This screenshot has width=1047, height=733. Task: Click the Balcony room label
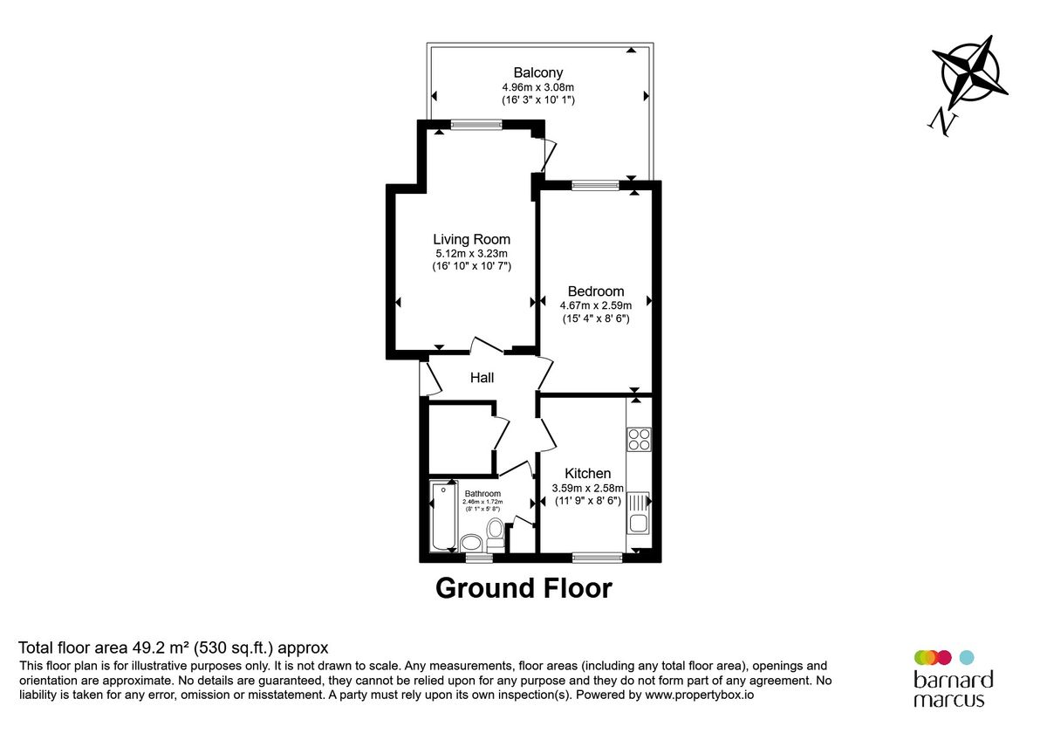(537, 72)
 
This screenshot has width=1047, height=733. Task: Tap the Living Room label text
(471, 239)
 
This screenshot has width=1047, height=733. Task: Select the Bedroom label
(595, 291)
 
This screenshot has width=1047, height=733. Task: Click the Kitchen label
(587, 473)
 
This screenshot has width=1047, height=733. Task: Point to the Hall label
(482, 378)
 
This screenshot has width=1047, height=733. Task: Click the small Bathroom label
(482, 494)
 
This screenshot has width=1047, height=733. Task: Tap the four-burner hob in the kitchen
(639, 438)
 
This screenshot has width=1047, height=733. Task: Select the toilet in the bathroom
(495, 531)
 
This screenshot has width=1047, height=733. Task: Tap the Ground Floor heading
(523, 588)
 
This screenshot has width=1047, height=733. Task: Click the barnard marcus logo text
(953, 688)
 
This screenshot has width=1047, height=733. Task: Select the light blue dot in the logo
(966, 657)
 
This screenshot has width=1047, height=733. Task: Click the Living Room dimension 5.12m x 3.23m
(471, 254)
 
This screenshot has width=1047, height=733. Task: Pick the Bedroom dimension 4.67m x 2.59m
(595, 305)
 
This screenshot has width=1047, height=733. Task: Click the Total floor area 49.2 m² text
(174, 647)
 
